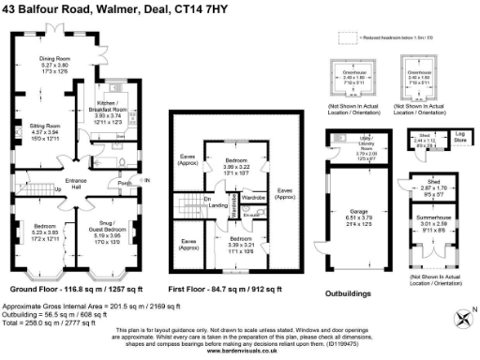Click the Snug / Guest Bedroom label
coord(117,229)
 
